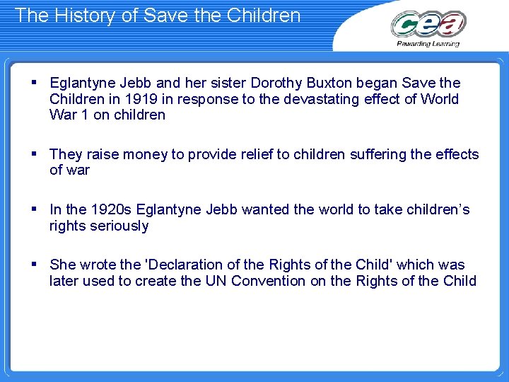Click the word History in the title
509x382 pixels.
[78, 15]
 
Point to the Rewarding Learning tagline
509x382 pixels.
[428, 44]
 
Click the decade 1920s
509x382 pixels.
[110, 209]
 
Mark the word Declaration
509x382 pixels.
[184, 265]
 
